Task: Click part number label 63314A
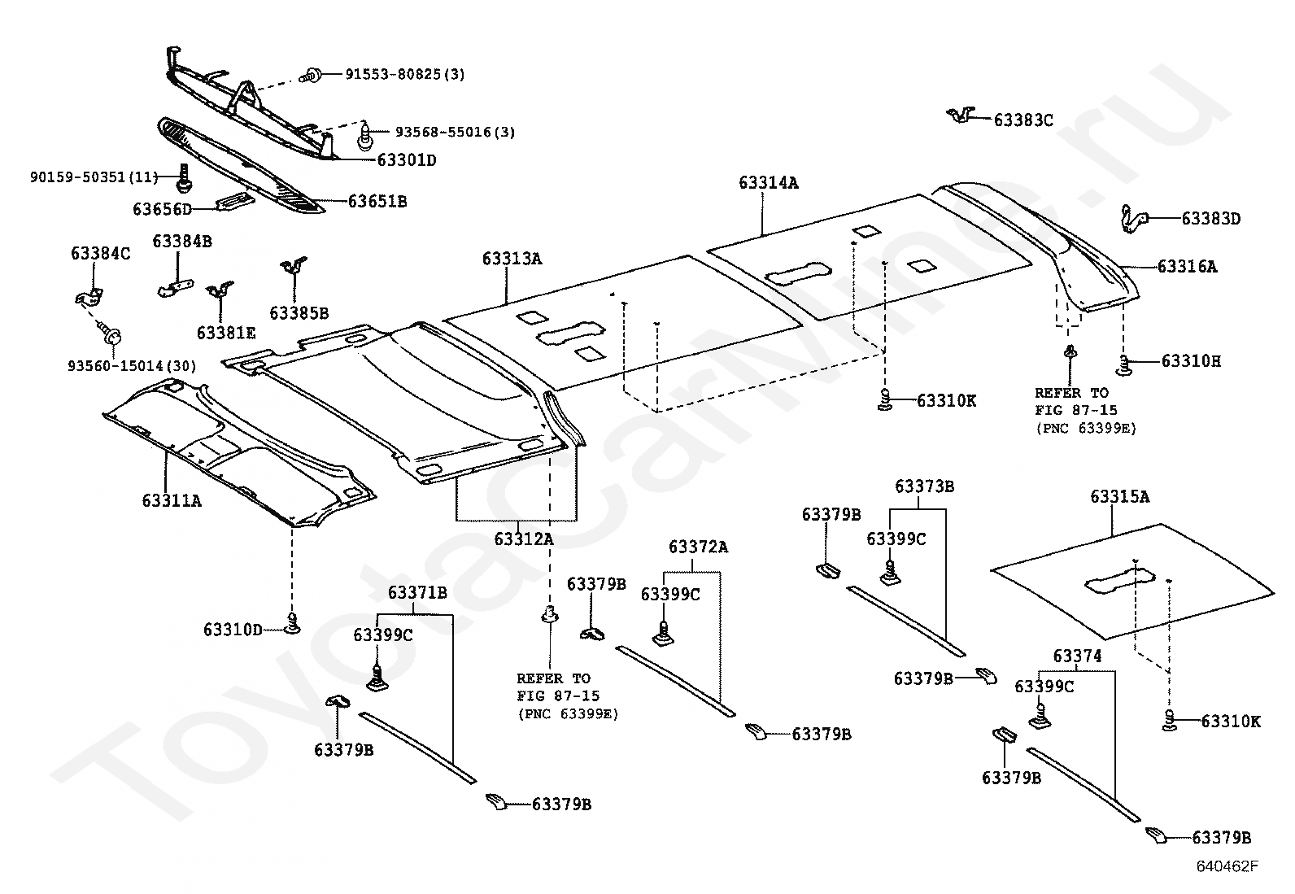click(769, 183)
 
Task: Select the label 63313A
click(512, 259)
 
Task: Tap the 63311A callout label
click(172, 500)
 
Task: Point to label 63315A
click(1120, 496)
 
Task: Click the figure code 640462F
click(1227, 866)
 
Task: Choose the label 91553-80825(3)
click(405, 74)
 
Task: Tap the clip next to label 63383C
click(961, 115)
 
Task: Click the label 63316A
click(1187, 267)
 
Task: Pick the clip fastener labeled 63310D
click(293, 623)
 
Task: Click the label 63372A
click(699, 547)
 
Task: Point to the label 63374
click(1077, 656)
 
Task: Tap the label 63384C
click(101, 253)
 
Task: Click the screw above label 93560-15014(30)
click(110, 334)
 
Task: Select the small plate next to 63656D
click(235, 201)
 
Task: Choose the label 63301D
click(407, 160)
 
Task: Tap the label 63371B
click(417, 593)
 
